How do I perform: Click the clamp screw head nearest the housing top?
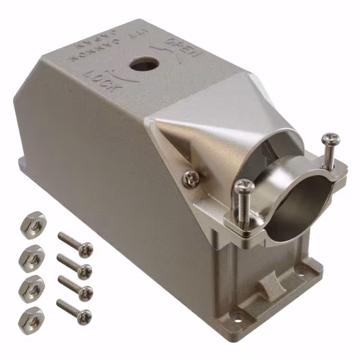tap(330, 138)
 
